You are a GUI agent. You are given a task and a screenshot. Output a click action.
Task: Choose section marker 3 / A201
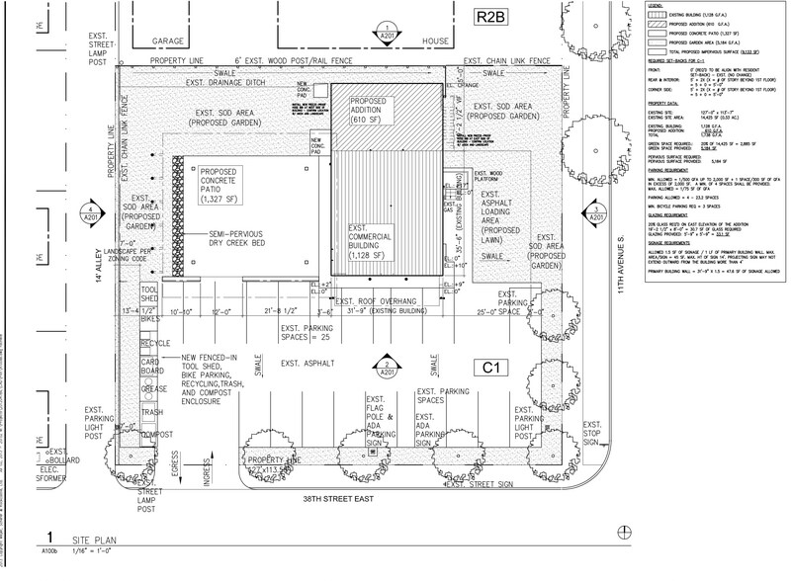pyautogui.click(x=594, y=212)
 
